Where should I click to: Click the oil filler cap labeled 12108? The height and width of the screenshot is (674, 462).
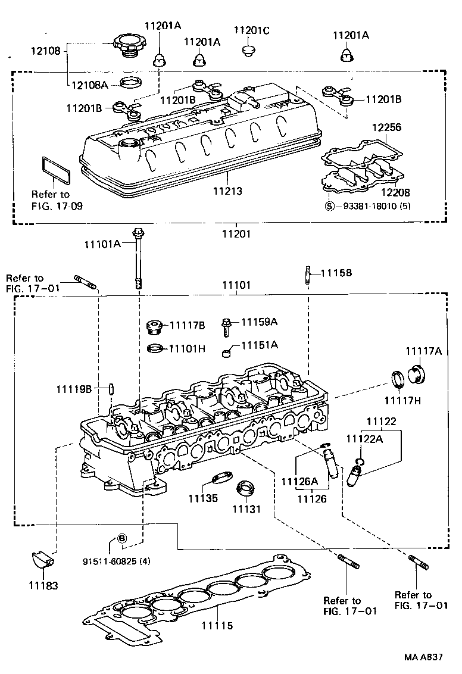click(x=127, y=45)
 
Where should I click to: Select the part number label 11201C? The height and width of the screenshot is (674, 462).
click(x=251, y=30)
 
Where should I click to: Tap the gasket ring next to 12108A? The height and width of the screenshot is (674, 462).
click(x=131, y=82)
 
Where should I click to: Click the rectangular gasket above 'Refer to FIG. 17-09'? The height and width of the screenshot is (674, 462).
click(x=56, y=169)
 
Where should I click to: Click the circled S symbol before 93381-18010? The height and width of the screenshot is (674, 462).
click(x=329, y=206)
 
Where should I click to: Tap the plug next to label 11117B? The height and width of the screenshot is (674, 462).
click(x=154, y=327)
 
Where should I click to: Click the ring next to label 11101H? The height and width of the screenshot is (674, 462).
click(x=154, y=348)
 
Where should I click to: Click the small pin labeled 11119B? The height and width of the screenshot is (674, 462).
click(x=111, y=389)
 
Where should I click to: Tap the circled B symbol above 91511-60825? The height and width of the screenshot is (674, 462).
click(x=121, y=538)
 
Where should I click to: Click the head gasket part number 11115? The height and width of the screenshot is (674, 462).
click(x=217, y=625)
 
